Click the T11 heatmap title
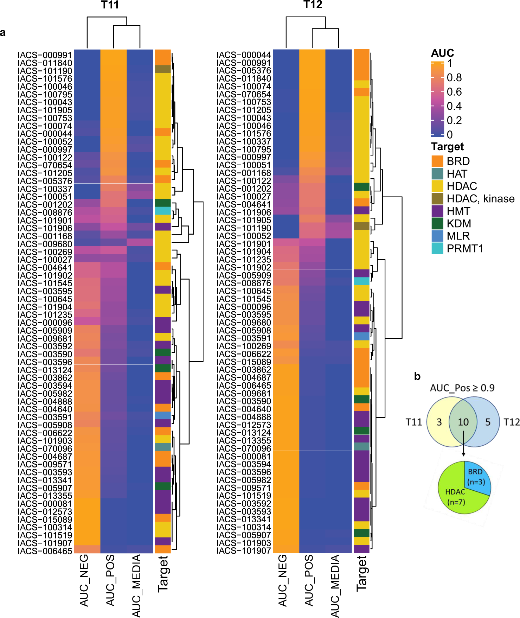click(110, 5)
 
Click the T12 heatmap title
click(313, 5)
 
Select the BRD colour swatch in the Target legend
click(437, 161)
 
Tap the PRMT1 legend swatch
click(437, 248)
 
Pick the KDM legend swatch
click(437, 223)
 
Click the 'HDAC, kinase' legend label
click(480, 199)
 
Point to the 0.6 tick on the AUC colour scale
click(454, 92)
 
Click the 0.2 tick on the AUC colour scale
click(454, 120)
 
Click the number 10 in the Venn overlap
click(463, 422)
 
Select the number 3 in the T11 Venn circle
click(439, 422)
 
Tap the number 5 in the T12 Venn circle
click(488, 422)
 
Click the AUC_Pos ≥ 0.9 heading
click(462, 388)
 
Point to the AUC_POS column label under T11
click(110, 580)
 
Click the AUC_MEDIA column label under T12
click(335, 586)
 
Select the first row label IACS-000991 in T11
click(45, 55)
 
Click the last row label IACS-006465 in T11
click(45, 551)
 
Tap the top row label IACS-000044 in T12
click(244, 55)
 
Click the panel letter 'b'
click(417, 376)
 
